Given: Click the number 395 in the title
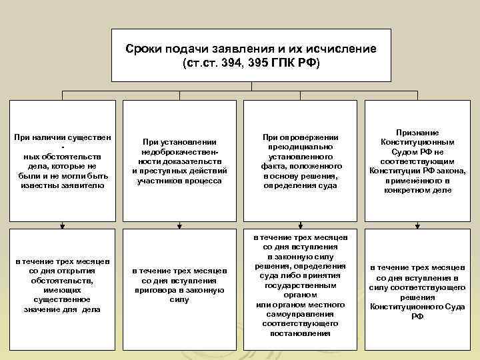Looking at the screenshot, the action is [x=273, y=63].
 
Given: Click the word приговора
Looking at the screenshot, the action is [x=157, y=290].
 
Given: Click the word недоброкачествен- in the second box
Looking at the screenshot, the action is [x=181, y=151].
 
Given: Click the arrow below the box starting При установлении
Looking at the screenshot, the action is [x=181, y=224].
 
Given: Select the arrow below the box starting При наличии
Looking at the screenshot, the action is [x=63, y=224].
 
